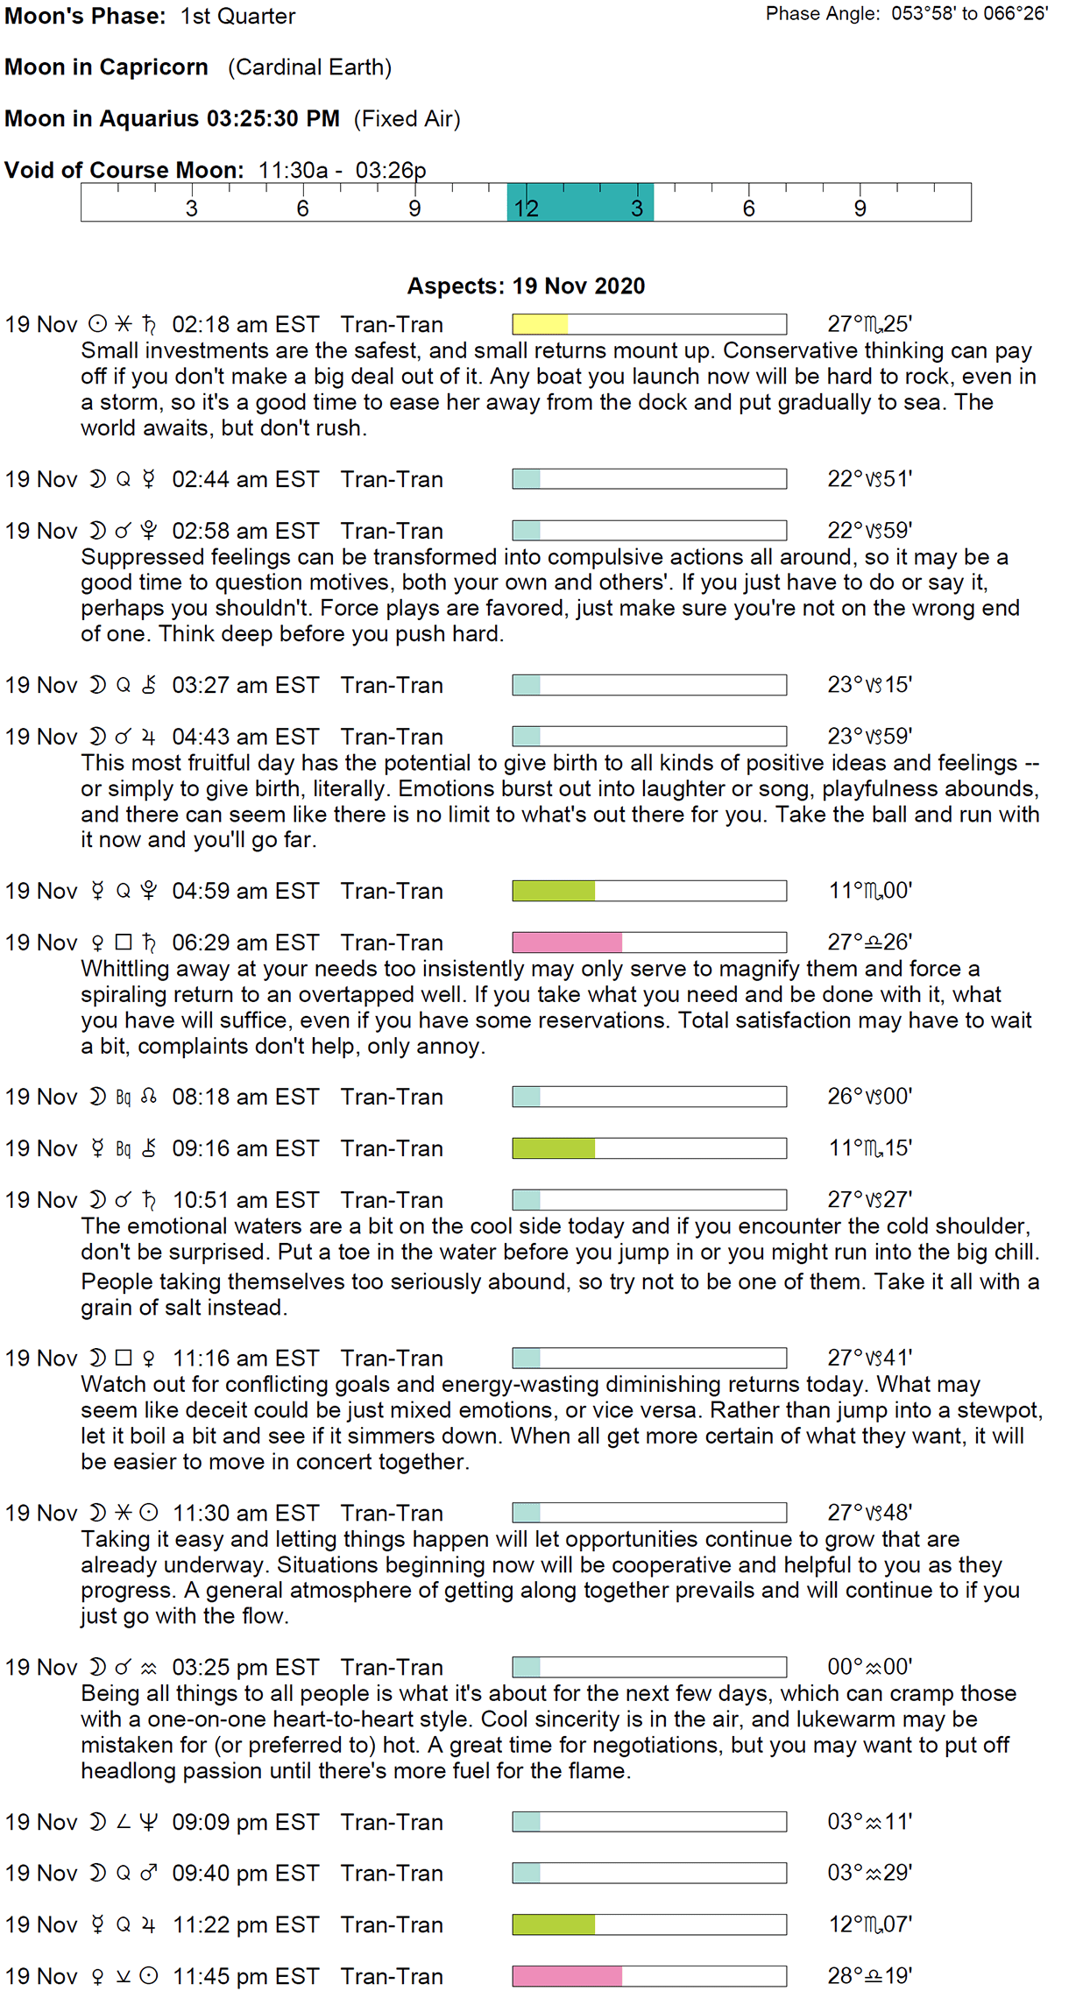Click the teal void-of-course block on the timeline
click(580, 202)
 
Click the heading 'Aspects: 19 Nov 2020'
click(526, 286)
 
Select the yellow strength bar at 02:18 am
click(541, 325)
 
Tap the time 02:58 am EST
click(245, 531)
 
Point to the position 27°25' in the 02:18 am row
click(869, 325)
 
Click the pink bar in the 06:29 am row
click(567, 942)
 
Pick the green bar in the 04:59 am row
click(554, 891)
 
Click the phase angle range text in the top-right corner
click(906, 14)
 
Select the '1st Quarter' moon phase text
click(238, 17)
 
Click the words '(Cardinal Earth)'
click(310, 67)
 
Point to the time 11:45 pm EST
click(245, 1976)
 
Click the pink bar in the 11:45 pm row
click(567, 1976)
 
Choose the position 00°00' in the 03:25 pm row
click(869, 1667)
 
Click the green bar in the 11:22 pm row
click(554, 1924)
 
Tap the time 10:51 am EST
click(245, 1200)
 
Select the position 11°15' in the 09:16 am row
click(870, 1148)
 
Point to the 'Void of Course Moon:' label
click(124, 170)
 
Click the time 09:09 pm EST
click(245, 1822)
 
